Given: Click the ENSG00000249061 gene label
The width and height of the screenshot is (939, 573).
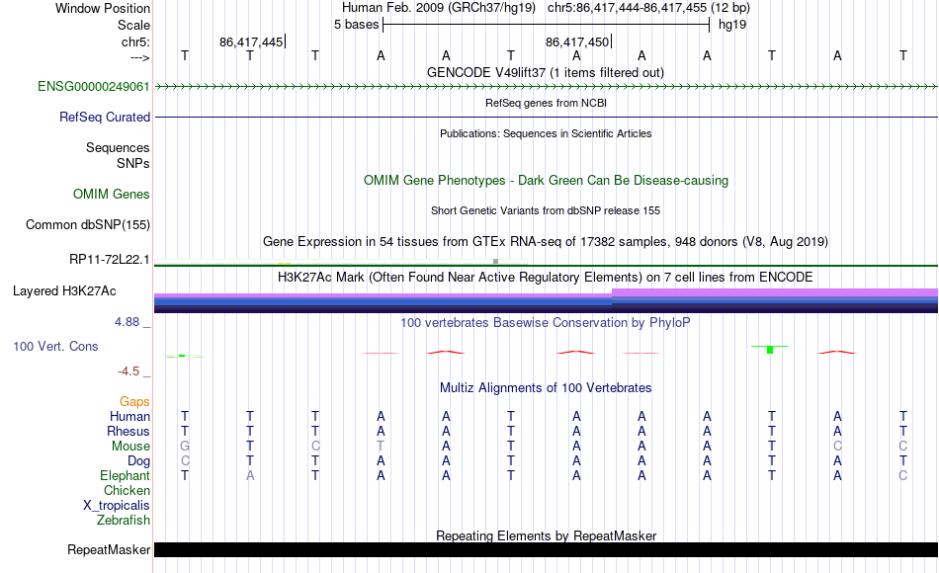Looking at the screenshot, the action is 94,86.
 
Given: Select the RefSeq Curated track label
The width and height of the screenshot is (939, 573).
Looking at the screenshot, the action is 104,117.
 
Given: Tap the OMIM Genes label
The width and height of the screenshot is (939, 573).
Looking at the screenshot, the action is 112,194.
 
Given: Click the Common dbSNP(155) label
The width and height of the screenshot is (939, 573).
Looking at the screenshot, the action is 88,224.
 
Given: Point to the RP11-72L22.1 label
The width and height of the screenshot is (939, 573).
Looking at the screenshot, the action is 110,260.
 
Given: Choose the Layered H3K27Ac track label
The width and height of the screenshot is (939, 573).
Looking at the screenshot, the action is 64,291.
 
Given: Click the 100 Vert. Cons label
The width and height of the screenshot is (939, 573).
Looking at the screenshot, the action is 55,346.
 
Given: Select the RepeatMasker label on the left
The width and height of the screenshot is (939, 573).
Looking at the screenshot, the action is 109,549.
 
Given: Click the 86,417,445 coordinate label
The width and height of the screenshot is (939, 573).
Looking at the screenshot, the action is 251,41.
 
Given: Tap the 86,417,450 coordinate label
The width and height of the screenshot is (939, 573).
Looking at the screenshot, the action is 577,41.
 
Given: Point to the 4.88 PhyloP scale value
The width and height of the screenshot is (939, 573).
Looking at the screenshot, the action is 127,321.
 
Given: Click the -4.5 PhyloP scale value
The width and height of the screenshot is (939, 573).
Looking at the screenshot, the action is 128,371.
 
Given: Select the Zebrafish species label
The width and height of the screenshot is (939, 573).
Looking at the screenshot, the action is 124,520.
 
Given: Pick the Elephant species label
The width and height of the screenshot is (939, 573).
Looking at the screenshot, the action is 126,475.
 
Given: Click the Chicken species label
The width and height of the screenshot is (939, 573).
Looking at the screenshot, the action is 127,490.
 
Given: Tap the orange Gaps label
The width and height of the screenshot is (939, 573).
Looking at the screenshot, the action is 134,401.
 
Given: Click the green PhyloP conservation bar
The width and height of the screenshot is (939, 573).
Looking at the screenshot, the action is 770,349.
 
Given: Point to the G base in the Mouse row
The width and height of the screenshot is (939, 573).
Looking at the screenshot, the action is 185,447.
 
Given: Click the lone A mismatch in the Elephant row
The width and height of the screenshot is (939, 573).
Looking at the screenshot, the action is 250,475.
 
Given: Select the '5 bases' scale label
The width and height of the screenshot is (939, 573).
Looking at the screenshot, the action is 356,25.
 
